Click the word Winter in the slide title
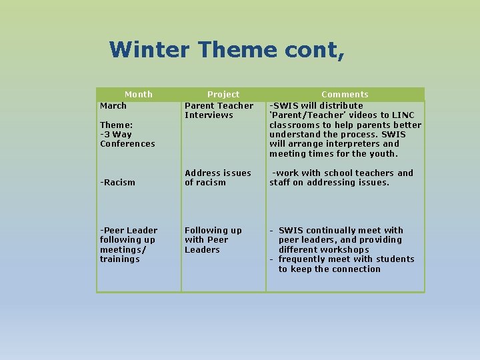(150, 49)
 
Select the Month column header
(139, 95)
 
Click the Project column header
(223, 95)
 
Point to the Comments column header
(345, 95)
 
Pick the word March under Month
(113, 105)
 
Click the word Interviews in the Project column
(209, 115)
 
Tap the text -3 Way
(116, 134)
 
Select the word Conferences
(127, 144)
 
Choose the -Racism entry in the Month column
(117, 183)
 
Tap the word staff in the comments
(281, 183)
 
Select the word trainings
(120, 259)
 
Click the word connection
(357, 269)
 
